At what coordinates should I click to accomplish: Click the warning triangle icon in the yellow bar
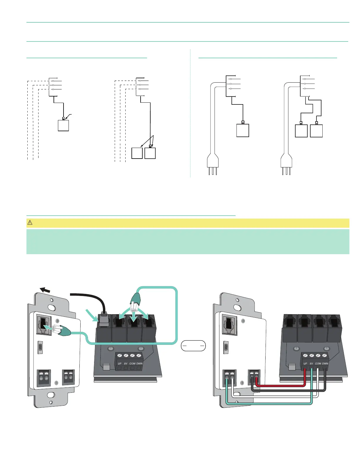30,223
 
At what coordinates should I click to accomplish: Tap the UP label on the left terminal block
120,364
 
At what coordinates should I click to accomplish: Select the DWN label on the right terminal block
325,364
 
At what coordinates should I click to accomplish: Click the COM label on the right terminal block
318,364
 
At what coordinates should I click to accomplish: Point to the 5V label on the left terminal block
126,364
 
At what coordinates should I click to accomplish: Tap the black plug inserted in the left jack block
104,319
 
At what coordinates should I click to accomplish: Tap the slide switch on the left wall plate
40,347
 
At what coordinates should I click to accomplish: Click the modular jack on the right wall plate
228,324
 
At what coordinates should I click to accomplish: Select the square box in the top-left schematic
63,125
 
